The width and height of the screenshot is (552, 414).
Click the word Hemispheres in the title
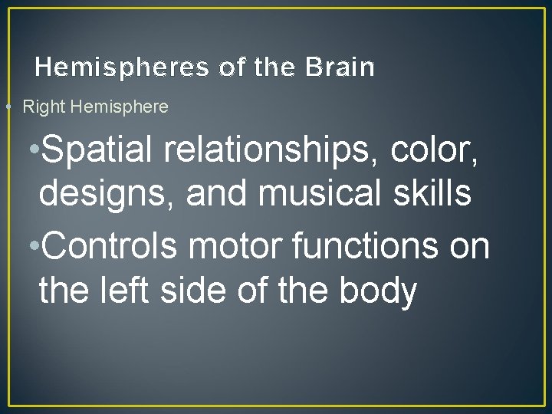click(x=122, y=67)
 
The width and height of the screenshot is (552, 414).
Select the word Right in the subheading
click(x=44, y=107)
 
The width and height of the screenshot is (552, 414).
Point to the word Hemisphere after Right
click(x=119, y=107)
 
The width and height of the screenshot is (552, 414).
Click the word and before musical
click(x=216, y=193)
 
